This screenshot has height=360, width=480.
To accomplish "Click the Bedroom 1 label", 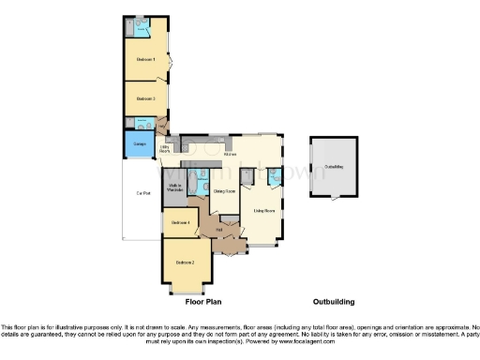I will coord(145,60).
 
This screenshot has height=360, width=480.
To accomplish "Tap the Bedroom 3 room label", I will coord(145,98).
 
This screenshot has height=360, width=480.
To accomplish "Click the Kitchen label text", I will coord(217,154).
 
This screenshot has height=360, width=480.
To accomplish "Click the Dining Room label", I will coord(223,191).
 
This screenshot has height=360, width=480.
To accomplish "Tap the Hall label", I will coord(217,229).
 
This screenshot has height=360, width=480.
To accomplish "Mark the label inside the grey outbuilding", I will coord(333,166).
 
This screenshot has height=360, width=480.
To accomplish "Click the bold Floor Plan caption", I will coord(202,303).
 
